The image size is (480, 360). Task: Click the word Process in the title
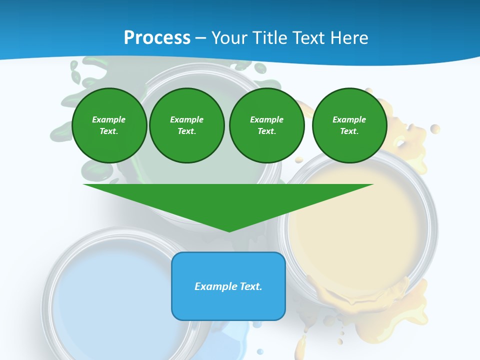(x=157, y=37)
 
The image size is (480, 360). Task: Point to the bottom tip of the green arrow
(x=229, y=230)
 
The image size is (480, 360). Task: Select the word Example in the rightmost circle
(x=349, y=119)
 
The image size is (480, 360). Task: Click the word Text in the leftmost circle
(x=108, y=131)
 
